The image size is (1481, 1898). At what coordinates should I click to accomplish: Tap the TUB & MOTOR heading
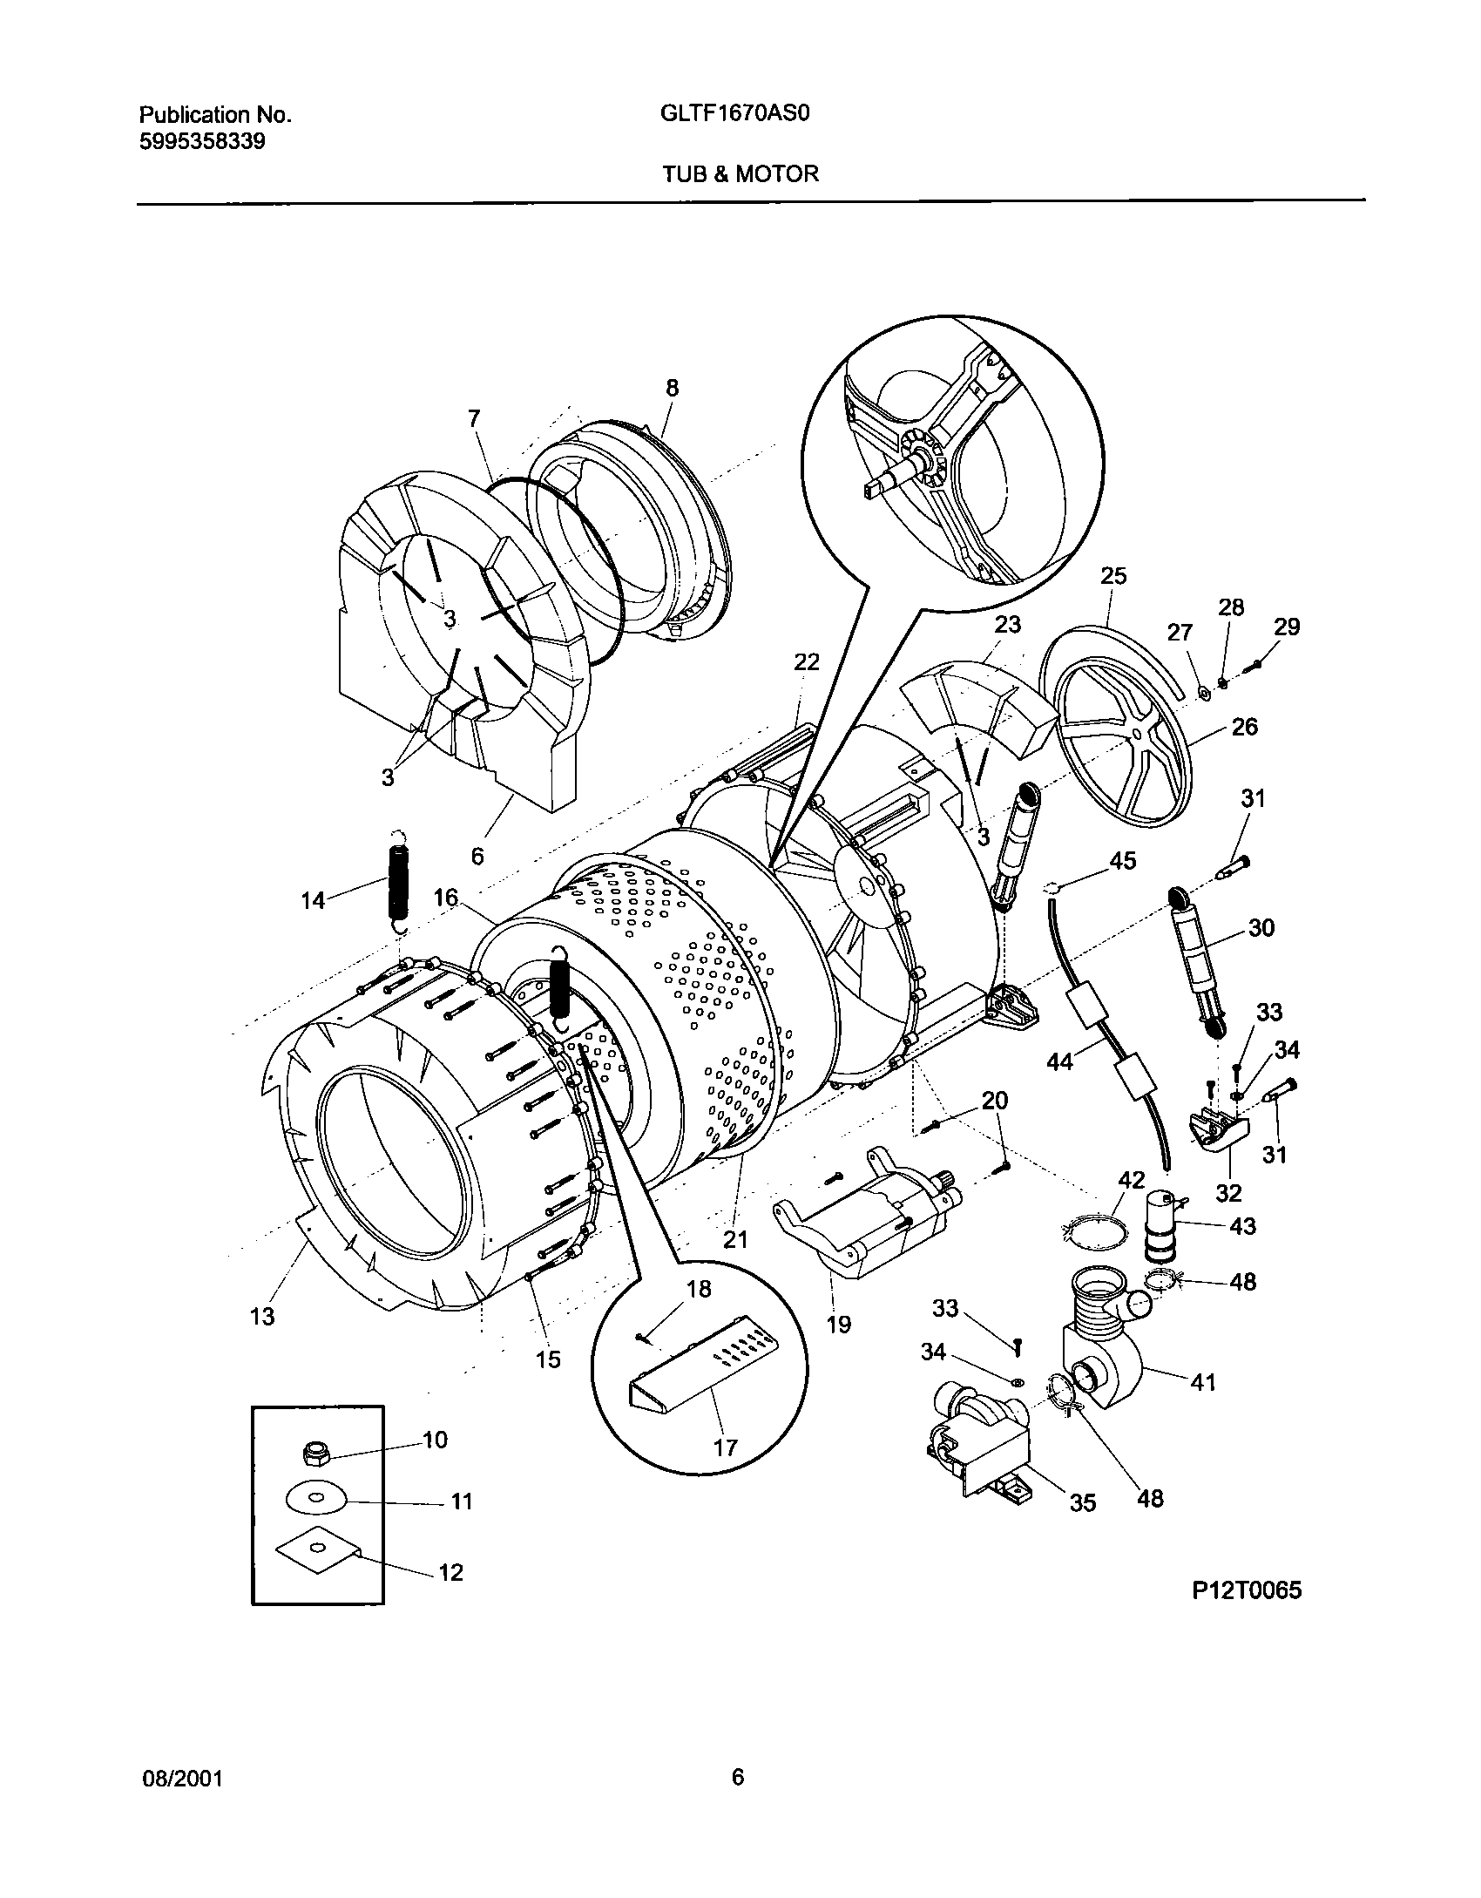point(740,173)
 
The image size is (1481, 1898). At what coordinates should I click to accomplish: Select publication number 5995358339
point(202,141)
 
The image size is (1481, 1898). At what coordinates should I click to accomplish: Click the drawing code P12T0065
point(1247,1590)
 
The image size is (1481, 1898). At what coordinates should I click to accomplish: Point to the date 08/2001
point(182,1779)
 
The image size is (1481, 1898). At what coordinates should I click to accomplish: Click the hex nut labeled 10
point(314,1453)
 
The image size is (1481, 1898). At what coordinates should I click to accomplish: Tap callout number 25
point(1113,576)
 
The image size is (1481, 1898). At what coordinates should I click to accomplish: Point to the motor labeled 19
point(871,1216)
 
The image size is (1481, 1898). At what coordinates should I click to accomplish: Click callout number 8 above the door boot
point(672,389)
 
